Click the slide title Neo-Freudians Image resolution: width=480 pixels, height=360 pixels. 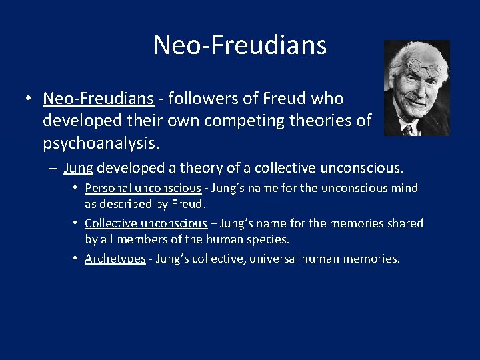pyautogui.click(x=240, y=45)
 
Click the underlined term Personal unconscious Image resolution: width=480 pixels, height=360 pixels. pyautogui.click(x=143, y=188)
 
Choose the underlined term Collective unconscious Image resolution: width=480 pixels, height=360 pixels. pyautogui.click(x=146, y=223)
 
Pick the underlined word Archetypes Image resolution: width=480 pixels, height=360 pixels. pyautogui.click(x=115, y=259)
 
